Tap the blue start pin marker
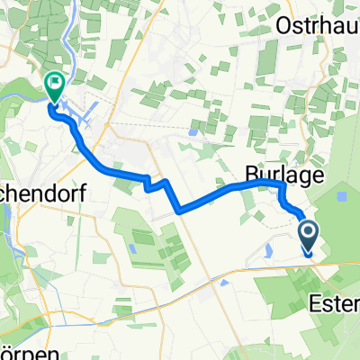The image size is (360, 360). (x=308, y=239)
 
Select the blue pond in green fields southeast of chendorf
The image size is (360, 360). (x=132, y=250)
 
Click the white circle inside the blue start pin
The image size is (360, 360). (x=308, y=234)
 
